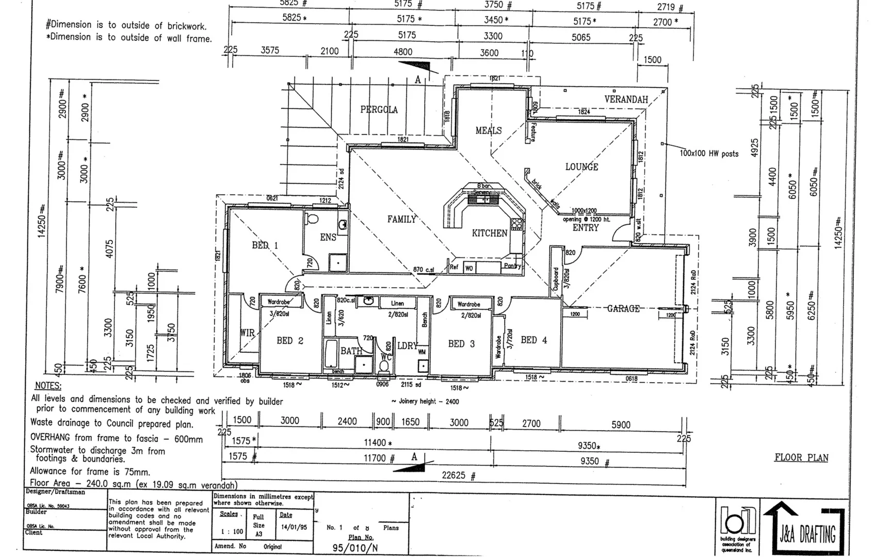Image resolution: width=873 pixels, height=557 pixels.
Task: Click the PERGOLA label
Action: tap(379, 110)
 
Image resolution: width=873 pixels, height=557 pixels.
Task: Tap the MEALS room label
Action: tap(488, 131)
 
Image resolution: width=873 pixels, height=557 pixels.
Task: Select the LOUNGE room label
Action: tap(581, 167)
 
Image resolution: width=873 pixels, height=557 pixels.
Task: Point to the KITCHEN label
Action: tap(489, 234)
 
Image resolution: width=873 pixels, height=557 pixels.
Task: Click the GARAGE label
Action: tap(623, 309)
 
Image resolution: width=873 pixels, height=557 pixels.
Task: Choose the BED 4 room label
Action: tap(533, 340)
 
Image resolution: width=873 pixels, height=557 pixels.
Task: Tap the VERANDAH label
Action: tap(626, 100)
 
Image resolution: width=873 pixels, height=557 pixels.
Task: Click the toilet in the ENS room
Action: tap(312, 220)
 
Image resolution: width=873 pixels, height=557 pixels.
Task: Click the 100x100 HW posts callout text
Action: tap(708, 154)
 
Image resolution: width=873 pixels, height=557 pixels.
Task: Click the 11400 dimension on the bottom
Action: tap(378, 443)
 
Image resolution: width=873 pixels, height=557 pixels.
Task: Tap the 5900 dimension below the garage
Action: tap(621, 425)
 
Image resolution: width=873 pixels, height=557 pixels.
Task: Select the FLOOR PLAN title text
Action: tap(801, 458)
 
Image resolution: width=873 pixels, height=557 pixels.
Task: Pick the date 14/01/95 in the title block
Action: tap(294, 528)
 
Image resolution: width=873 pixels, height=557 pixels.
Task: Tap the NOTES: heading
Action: tap(48, 386)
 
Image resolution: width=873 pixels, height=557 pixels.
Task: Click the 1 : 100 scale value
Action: tap(232, 532)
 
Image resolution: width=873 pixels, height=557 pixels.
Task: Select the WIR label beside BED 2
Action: tap(247, 333)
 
